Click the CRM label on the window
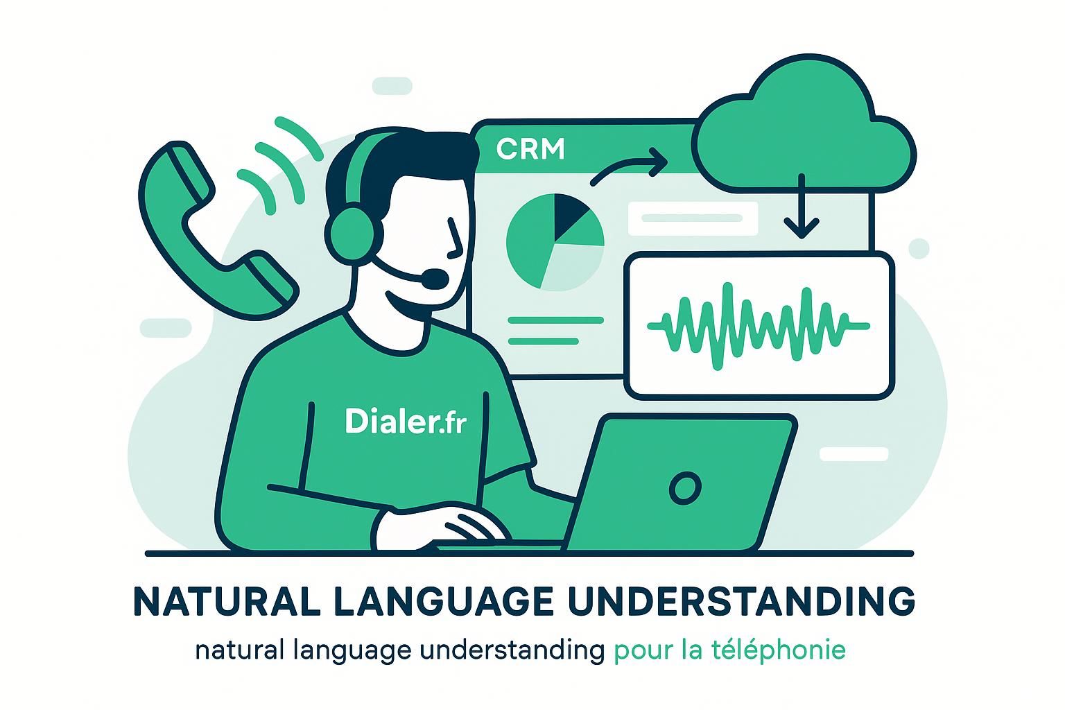(x=530, y=149)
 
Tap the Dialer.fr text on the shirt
(x=405, y=421)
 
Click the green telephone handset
(x=208, y=229)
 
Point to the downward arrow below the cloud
(x=802, y=208)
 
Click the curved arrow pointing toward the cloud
(x=628, y=166)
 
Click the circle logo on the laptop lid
(x=685, y=488)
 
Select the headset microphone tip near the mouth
(x=435, y=279)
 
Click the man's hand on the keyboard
(x=444, y=527)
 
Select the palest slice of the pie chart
(x=573, y=267)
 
